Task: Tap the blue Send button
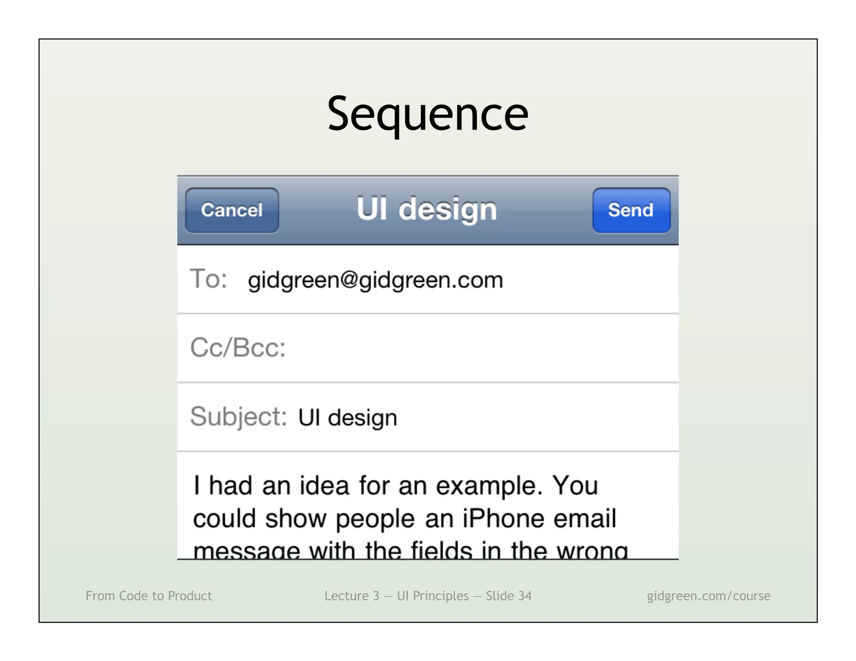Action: tap(631, 210)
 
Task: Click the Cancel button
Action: tap(232, 210)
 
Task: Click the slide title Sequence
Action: tap(428, 114)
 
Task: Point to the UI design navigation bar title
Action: tap(427, 209)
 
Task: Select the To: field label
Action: tap(209, 279)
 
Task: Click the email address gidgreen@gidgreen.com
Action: tap(375, 280)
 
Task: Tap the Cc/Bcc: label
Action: tap(238, 348)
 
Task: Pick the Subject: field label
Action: tap(238, 417)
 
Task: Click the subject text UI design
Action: tap(347, 417)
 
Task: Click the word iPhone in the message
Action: tap(503, 519)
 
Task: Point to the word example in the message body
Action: tap(489, 486)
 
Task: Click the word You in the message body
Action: tap(575, 486)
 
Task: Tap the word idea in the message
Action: tap(324, 486)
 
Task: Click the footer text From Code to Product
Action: tap(149, 596)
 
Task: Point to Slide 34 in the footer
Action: tap(509, 596)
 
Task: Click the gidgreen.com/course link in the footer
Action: tap(708, 596)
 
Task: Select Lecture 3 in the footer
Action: tap(352, 596)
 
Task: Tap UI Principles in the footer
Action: tap(433, 596)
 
